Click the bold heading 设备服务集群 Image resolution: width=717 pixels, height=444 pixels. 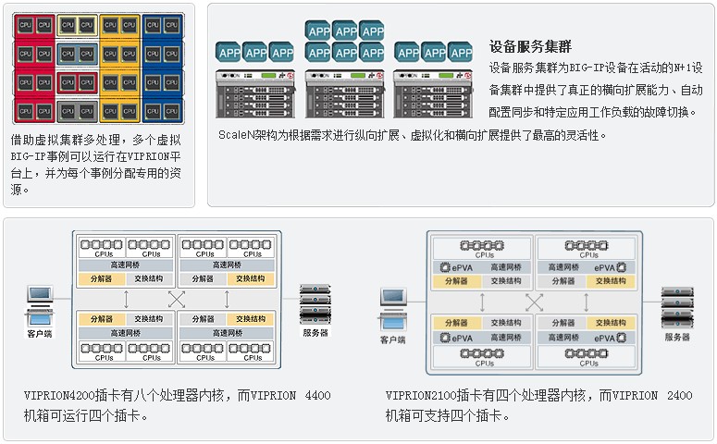[x=531, y=45]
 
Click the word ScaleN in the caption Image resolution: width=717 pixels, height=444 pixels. [x=236, y=135]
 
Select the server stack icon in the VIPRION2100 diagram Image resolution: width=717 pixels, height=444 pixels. [x=677, y=306]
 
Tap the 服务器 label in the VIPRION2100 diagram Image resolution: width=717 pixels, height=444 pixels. [x=677, y=338]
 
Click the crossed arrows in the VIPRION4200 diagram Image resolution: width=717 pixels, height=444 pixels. [x=176, y=299]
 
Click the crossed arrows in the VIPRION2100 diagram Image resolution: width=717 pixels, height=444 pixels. [x=534, y=302]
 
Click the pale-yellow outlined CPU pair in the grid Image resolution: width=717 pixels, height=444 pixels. [x=75, y=25]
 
